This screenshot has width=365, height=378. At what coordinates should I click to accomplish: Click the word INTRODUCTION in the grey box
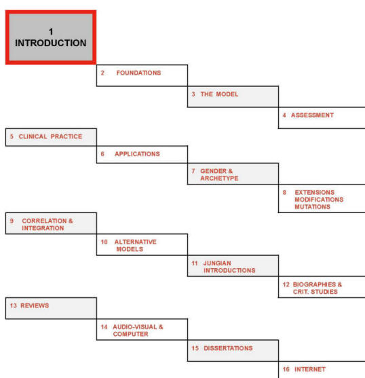pyautogui.click(x=51, y=43)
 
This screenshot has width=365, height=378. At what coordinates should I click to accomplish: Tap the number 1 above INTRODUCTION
pyautogui.click(x=51, y=32)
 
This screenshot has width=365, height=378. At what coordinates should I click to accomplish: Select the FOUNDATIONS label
pyautogui.click(x=139, y=73)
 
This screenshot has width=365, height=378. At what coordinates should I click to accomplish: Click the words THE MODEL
pyautogui.click(x=219, y=94)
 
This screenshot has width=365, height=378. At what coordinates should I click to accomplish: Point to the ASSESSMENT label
pyautogui.click(x=313, y=115)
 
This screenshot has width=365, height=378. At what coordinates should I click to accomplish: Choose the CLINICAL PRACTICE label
pyautogui.click(x=50, y=136)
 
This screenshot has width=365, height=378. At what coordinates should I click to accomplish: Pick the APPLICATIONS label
pyautogui.click(x=137, y=154)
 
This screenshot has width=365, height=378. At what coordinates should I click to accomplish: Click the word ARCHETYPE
pyautogui.click(x=219, y=178)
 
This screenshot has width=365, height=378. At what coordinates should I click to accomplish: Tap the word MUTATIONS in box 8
pyautogui.click(x=313, y=206)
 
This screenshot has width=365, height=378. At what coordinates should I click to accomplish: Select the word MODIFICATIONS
pyautogui.click(x=319, y=200)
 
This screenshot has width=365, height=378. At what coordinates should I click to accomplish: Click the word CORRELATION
pyautogui.click(x=44, y=221)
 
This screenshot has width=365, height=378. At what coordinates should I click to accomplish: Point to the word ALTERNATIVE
pyautogui.click(x=136, y=242)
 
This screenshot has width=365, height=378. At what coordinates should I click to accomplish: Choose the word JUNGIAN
pyautogui.click(x=217, y=263)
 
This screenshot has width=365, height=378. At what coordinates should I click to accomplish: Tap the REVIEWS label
pyautogui.click(x=35, y=305)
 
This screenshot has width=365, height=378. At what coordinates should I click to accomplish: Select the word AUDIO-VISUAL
pyautogui.click(x=135, y=327)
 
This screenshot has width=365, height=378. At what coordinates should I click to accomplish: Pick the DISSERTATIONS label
pyautogui.click(x=228, y=348)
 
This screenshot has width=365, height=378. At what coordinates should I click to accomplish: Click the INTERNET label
pyautogui.click(x=310, y=369)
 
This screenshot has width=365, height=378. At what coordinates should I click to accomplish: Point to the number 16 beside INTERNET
pyautogui.click(x=286, y=369)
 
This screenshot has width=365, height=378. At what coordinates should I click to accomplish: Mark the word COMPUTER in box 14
pyautogui.click(x=130, y=334)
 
